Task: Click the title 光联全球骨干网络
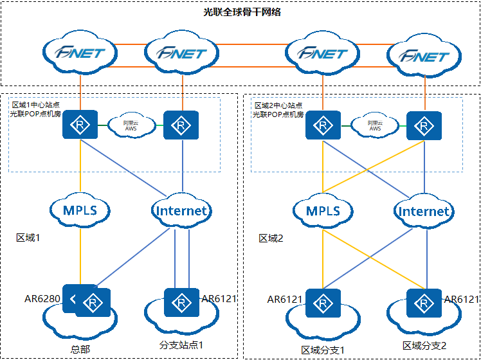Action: tap(241, 12)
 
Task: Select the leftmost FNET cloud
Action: tap(80, 53)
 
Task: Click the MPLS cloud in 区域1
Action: tap(80, 210)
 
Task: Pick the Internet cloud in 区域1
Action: tap(182, 210)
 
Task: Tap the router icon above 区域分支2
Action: tap(424, 303)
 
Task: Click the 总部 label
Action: tap(80, 350)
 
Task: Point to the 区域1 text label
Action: tap(28, 238)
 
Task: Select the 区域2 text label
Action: tap(271, 239)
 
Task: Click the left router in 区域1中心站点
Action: tap(80, 125)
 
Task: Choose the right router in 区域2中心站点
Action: tap(424, 125)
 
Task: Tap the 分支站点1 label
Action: tap(181, 345)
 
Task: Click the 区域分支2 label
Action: tap(424, 346)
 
